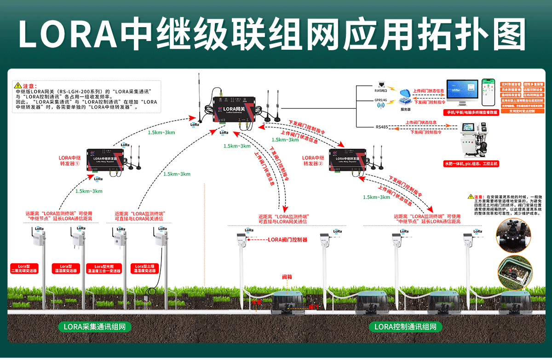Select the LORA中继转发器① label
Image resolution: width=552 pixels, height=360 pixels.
pyautogui.click(x=69, y=161)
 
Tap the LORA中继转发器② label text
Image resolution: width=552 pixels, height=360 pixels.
pyautogui.click(x=313, y=161)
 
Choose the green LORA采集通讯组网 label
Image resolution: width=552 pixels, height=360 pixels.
pyautogui.click(x=95, y=327)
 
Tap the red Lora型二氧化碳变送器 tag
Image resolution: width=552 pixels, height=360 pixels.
pyautogui.click(x=24, y=269)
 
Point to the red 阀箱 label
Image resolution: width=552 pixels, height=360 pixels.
pyautogui.click(x=287, y=278)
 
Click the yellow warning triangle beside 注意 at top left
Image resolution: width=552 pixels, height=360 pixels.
pyautogui.click(x=17, y=86)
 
